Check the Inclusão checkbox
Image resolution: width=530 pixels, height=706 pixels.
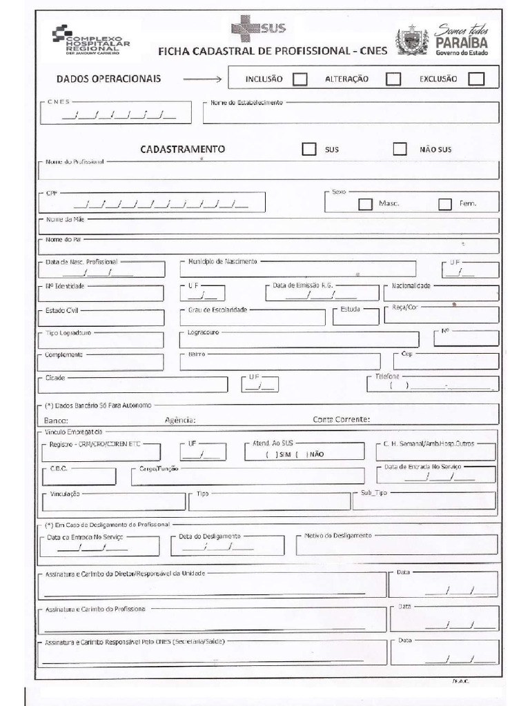point(300,79)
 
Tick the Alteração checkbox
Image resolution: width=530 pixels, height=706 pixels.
point(393,79)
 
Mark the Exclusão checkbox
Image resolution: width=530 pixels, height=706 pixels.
point(476,79)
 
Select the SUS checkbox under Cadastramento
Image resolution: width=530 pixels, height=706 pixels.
point(309,149)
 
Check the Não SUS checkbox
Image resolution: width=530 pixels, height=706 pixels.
point(400,149)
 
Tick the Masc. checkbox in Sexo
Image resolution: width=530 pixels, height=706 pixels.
point(365,204)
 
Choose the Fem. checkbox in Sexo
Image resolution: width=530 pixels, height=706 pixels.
point(445,204)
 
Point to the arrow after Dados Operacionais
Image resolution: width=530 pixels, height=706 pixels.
point(204,79)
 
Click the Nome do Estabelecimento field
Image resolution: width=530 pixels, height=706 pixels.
point(351,113)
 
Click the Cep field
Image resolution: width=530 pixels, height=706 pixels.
point(446,361)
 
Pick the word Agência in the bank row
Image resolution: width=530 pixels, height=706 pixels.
point(181,419)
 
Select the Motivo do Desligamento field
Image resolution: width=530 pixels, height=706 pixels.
point(396,545)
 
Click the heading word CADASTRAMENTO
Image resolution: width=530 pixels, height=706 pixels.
point(183,149)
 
